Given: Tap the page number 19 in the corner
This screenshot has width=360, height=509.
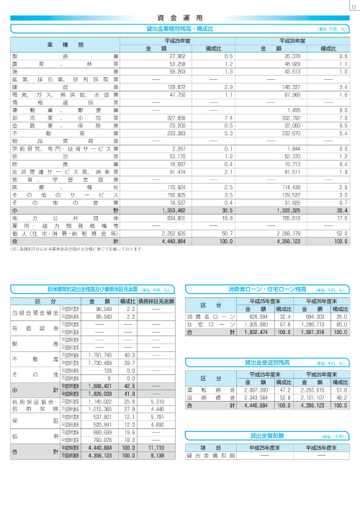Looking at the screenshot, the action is click(x=351, y=7).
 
